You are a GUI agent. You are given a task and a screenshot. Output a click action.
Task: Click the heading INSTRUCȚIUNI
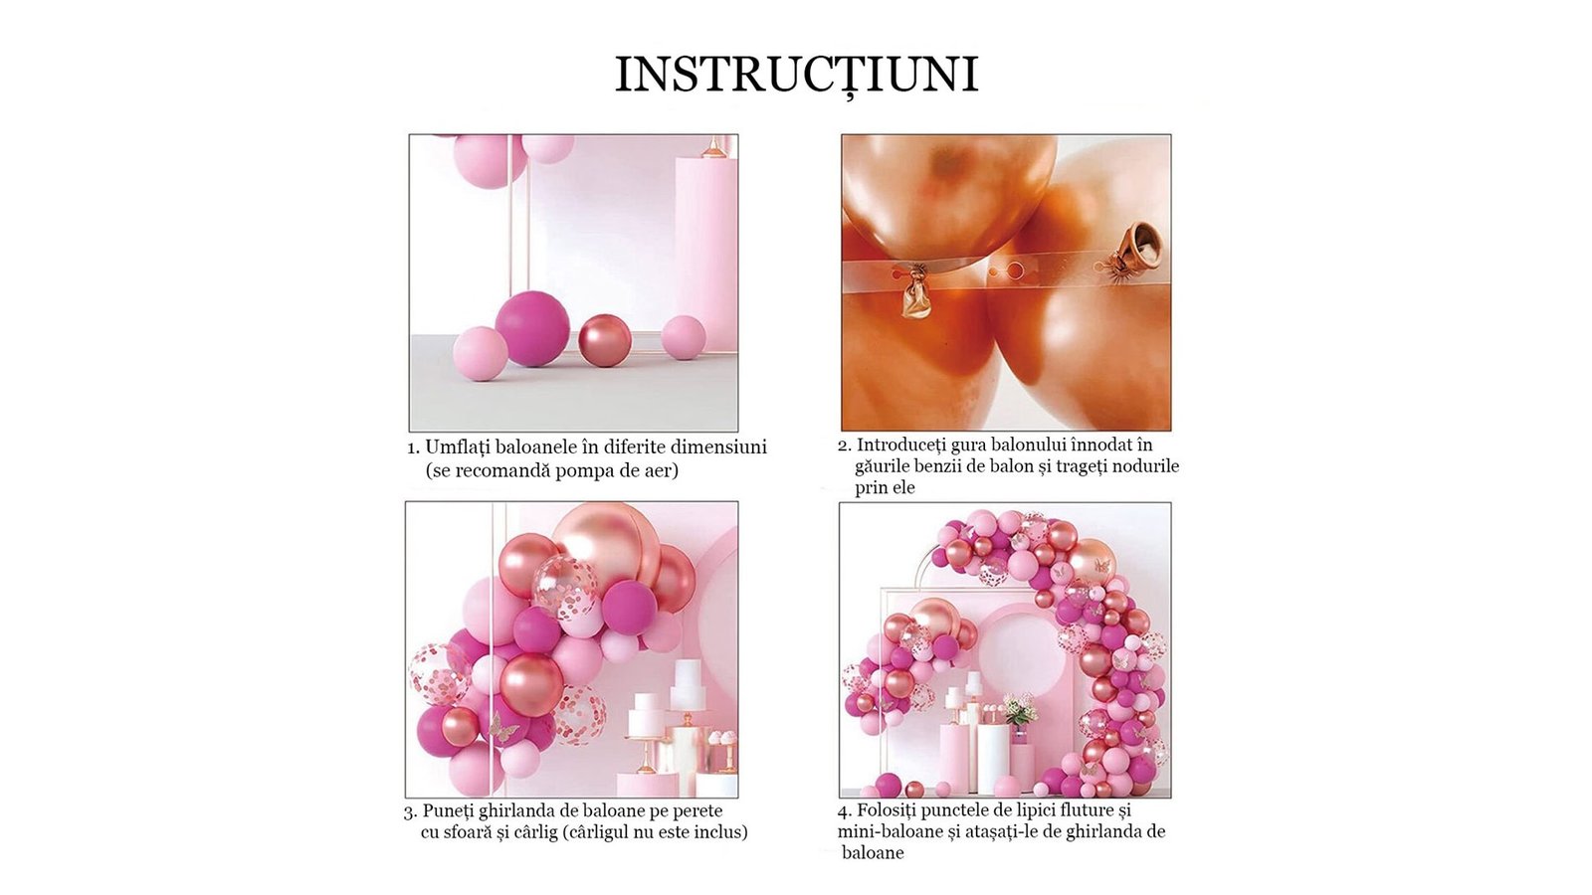796,74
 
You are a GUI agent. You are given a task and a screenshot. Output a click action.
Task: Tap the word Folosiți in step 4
886,810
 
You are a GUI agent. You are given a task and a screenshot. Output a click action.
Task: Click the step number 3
409,811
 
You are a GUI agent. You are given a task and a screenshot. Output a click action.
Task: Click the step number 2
845,447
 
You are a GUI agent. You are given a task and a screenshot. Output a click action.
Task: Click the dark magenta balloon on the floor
532,328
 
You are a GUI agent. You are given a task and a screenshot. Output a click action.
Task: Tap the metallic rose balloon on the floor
605,340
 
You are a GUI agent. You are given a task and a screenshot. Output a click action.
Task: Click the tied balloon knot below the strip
916,295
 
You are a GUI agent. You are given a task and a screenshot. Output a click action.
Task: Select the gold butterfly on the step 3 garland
503,726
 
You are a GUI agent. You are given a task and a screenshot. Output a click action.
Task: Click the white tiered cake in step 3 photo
689,683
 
